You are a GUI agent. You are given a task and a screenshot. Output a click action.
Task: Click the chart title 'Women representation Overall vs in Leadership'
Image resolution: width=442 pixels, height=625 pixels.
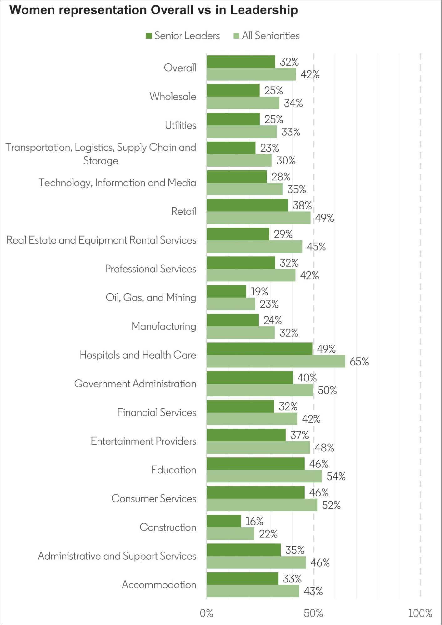tap(153, 10)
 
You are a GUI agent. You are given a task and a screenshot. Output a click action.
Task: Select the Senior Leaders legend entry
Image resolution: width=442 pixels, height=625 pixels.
tap(183, 36)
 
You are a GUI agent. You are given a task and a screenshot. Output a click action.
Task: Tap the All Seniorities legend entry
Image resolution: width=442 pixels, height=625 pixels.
tap(267, 36)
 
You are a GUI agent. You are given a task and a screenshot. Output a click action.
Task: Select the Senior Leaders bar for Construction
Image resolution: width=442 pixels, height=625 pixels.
tap(224, 521)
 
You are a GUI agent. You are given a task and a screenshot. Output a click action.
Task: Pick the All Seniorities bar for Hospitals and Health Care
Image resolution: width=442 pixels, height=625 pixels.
tap(276, 361)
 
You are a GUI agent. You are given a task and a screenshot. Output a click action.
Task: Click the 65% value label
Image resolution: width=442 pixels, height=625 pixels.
tap(359, 362)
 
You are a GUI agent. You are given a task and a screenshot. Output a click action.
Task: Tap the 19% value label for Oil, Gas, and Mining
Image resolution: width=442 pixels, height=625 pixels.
tap(259, 291)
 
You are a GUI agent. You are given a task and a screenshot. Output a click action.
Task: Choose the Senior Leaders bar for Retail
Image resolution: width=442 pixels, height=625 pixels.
tap(247, 205)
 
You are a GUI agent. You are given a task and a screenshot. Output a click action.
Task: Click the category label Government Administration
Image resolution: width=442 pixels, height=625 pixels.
tap(135, 384)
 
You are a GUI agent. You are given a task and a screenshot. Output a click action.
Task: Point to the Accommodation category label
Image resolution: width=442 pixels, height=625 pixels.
tap(159, 585)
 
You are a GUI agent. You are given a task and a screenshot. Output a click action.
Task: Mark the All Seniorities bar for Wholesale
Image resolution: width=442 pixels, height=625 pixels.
tap(243, 103)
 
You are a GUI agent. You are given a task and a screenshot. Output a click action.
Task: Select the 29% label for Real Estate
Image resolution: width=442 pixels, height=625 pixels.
tap(283, 234)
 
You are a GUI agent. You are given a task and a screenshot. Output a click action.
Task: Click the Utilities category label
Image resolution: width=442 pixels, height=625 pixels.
tap(180, 125)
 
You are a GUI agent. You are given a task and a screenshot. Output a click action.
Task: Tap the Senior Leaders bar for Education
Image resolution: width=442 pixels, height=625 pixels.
tap(255, 464)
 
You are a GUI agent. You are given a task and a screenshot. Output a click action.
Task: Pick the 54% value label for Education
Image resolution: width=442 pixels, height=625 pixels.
tap(336, 476)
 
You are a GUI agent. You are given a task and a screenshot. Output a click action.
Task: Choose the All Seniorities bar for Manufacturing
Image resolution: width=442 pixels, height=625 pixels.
tap(241, 333)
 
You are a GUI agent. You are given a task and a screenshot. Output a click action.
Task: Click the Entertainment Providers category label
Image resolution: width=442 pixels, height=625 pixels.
tap(143, 441)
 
